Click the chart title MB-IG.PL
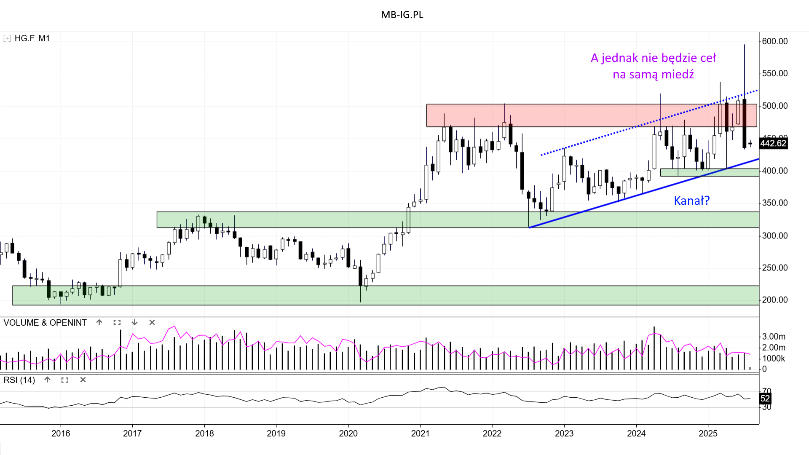pos(402,15)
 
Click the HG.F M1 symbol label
pos(32,38)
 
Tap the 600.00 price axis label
pos(774,41)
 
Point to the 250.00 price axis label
pos(774,268)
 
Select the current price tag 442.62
pos(773,143)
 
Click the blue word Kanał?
pos(691,201)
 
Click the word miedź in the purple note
pos(678,75)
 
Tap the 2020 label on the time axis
pos(348,434)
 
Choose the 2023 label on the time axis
pos(564,434)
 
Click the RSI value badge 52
pos(765,399)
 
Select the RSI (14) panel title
pos(19,380)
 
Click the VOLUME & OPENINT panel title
pos(45,323)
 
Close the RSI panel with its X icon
pos(83,380)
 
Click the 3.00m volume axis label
pos(774,337)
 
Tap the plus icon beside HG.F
pos(7,38)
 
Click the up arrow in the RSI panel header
pos(48,380)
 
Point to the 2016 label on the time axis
pos(61,434)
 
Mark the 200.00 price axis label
pos(774,300)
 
